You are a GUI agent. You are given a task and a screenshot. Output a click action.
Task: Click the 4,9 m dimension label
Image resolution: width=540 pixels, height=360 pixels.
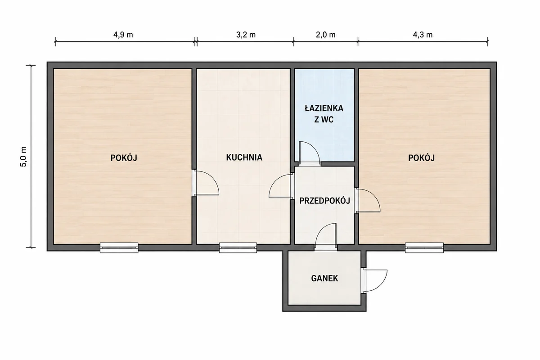[123, 35]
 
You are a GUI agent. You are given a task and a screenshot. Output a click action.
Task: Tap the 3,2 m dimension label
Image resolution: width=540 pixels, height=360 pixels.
[246, 35]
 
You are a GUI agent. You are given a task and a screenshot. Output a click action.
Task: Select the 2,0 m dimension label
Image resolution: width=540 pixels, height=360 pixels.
[326, 35]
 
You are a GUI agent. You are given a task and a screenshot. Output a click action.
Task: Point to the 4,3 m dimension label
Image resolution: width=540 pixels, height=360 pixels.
[423, 35]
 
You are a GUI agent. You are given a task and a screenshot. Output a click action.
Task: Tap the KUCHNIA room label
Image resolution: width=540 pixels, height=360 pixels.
[244, 157]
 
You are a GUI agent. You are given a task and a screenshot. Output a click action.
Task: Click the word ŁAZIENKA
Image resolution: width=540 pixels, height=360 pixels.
[324, 108]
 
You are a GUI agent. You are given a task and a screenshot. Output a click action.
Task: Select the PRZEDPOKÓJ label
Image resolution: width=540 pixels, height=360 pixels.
[324, 200]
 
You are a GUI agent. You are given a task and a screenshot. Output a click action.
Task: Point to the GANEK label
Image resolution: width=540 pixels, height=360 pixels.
[324, 278]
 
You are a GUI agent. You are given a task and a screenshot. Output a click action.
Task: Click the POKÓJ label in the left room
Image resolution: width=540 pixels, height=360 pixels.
[124, 158]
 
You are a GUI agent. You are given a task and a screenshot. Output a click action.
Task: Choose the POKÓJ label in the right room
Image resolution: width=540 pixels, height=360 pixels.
[421, 158]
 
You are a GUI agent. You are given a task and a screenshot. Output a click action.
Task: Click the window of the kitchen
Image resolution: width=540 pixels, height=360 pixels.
[238, 247]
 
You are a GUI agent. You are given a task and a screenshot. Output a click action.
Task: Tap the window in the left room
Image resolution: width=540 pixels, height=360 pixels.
[119, 247]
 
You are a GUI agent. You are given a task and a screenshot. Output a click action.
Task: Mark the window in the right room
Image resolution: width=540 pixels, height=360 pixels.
[424, 247]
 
